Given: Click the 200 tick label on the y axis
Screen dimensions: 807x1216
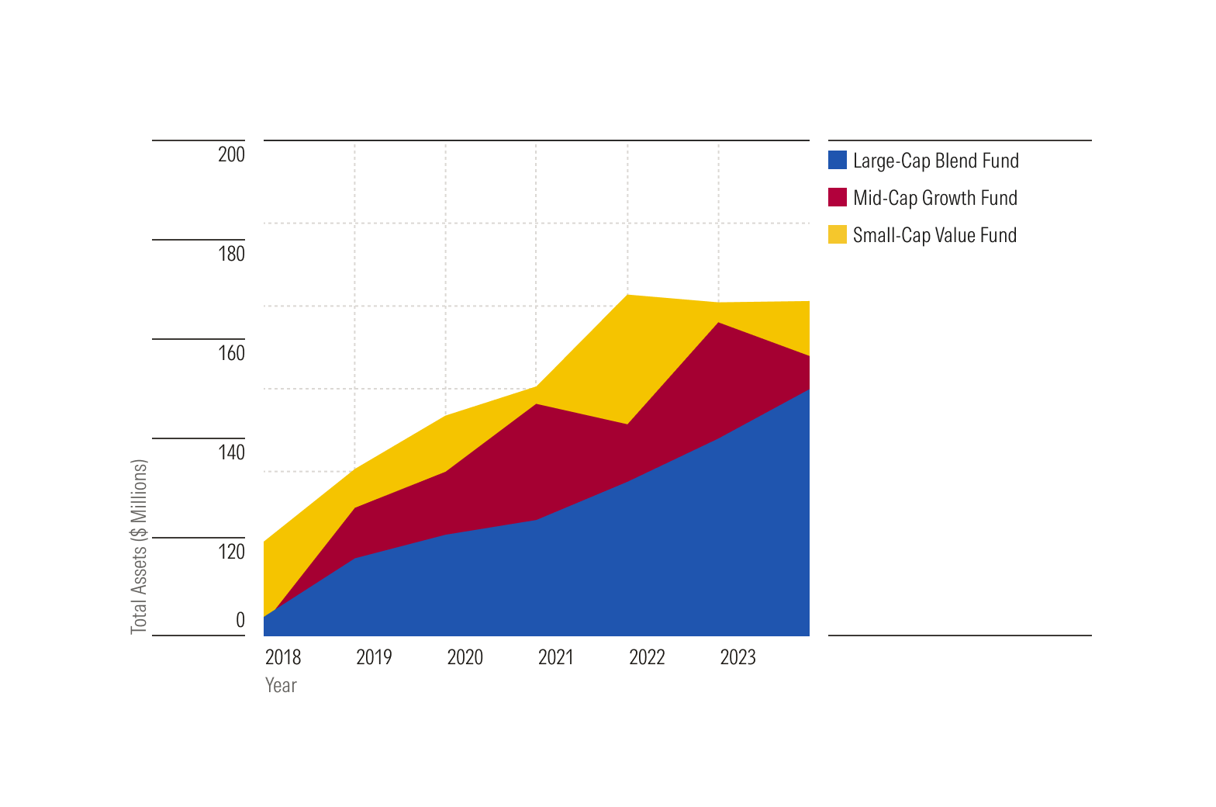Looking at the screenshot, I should coord(231,154).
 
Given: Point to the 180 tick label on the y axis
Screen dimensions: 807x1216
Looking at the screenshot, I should coord(231,254).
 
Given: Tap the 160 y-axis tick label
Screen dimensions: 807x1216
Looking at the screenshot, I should coord(231,353).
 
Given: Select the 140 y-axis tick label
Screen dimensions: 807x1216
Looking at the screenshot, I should coord(231,452).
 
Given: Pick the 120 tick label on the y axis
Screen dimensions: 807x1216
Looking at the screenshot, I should coord(231,552).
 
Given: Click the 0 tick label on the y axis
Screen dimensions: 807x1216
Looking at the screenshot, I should coord(240,620).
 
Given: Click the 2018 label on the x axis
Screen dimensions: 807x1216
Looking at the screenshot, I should coord(283,657).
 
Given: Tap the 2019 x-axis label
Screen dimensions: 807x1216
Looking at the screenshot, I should coord(374,657).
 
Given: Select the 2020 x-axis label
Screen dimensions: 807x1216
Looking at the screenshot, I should coord(465,657).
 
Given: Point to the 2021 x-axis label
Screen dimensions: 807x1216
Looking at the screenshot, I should coord(556,657).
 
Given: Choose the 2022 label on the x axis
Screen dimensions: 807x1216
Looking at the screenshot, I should coord(647,657).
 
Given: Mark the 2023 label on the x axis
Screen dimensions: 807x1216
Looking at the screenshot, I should coord(738,657).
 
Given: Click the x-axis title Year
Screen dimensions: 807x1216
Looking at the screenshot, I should coord(281,685).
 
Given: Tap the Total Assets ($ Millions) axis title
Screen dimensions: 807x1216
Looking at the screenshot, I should coord(139,547).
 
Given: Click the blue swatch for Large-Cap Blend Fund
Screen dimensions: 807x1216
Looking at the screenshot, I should coord(838,160).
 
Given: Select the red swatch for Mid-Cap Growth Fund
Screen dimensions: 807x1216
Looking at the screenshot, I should coord(838,197).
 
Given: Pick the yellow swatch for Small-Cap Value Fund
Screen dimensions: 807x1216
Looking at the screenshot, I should coord(838,234).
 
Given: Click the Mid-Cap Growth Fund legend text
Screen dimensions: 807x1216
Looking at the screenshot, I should coord(934,198).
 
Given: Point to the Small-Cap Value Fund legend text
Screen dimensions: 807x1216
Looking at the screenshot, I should coord(934,235).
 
